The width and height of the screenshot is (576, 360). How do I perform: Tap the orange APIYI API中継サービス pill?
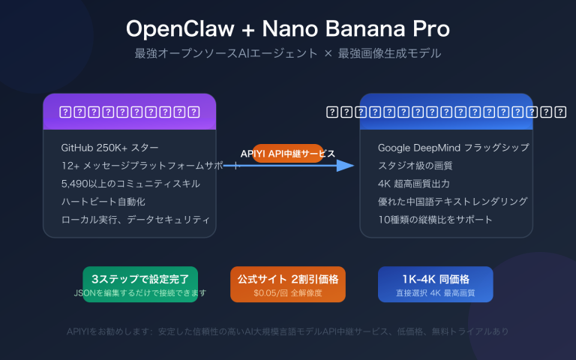pyautogui.click(x=288, y=153)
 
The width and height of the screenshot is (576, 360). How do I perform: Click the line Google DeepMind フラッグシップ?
pyautogui.click(x=454, y=147)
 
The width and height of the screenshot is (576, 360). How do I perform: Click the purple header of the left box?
pyautogui.click(x=130, y=112)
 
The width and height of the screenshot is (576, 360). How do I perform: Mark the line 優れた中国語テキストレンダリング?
pyautogui.click(x=453, y=201)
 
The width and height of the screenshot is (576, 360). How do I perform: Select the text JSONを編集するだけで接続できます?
pyautogui.click(x=141, y=292)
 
